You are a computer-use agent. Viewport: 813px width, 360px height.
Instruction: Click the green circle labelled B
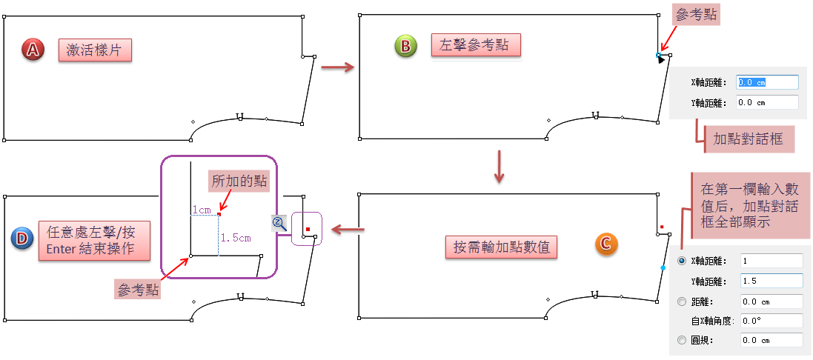click(405, 46)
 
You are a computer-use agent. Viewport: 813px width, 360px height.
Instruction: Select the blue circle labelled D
click(22, 239)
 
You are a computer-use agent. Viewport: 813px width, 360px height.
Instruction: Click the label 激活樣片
click(95, 50)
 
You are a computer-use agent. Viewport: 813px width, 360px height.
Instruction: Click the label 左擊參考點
click(475, 45)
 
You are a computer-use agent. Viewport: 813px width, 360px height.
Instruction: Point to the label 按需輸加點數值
click(502, 247)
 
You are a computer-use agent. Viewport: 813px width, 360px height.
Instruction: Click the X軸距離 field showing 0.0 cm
click(766, 82)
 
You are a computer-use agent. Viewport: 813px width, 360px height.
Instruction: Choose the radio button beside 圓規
click(682, 340)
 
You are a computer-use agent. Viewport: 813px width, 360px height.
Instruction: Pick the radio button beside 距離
click(682, 301)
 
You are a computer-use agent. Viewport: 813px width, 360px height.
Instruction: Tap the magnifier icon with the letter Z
click(279, 223)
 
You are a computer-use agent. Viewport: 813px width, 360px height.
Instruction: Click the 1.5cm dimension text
click(236, 238)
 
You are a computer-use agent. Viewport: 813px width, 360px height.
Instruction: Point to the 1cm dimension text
click(201, 210)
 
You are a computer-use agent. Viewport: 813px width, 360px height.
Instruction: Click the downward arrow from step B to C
click(500, 167)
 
